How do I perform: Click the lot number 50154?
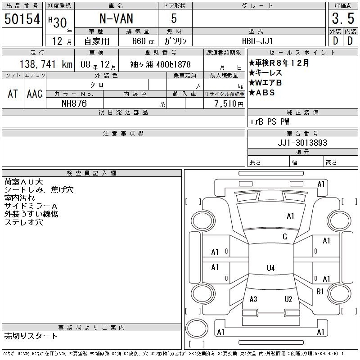point(22,19)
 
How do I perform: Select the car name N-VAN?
point(116,18)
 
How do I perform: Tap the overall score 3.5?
point(343,18)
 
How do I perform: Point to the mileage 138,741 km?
point(46,64)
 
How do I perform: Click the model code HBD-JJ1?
point(257,41)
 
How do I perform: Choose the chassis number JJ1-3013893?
point(302,143)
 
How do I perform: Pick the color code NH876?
point(74,103)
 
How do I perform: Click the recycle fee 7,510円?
point(229,103)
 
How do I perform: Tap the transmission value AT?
point(13,94)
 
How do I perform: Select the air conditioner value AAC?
point(35,94)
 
